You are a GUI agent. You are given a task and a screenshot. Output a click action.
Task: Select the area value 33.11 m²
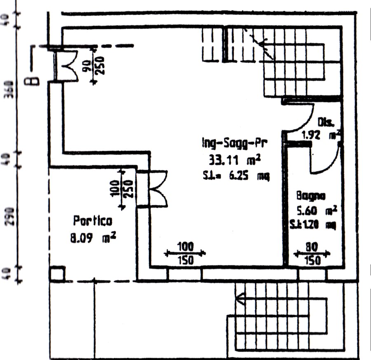coord(236,160)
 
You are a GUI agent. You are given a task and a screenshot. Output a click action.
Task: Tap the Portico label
coord(92,221)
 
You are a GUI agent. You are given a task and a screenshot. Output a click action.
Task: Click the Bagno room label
coord(311,195)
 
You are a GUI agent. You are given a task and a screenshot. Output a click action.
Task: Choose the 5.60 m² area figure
coord(317,211)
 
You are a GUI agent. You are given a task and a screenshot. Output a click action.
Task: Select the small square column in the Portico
coord(57,274)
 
